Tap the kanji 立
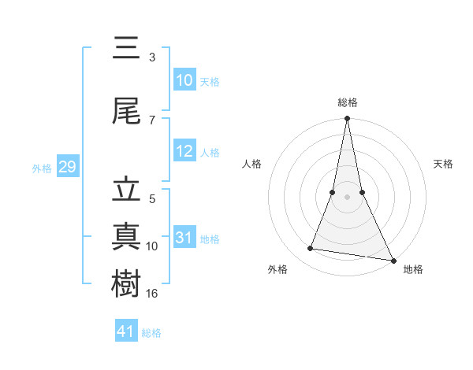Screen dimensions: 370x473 point(127,191)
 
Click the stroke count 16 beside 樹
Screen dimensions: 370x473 point(152,294)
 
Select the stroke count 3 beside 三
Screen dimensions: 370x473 point(152,57)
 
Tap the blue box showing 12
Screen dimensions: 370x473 point(184,152)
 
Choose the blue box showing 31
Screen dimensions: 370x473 point(184,239)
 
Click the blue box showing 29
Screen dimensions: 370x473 point(68,168)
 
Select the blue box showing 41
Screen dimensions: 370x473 point(126,331)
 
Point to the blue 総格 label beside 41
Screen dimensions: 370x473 point(151,333)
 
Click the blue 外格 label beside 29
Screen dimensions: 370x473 point(42,168)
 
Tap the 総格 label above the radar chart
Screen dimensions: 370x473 point(348,102)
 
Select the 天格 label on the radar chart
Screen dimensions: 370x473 point(444,164)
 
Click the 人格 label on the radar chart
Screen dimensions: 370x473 point(251,164)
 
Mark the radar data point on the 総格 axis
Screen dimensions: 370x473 point(347,119)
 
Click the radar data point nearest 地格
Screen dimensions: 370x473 point(393,260)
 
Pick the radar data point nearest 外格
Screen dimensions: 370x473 point(310,249)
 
